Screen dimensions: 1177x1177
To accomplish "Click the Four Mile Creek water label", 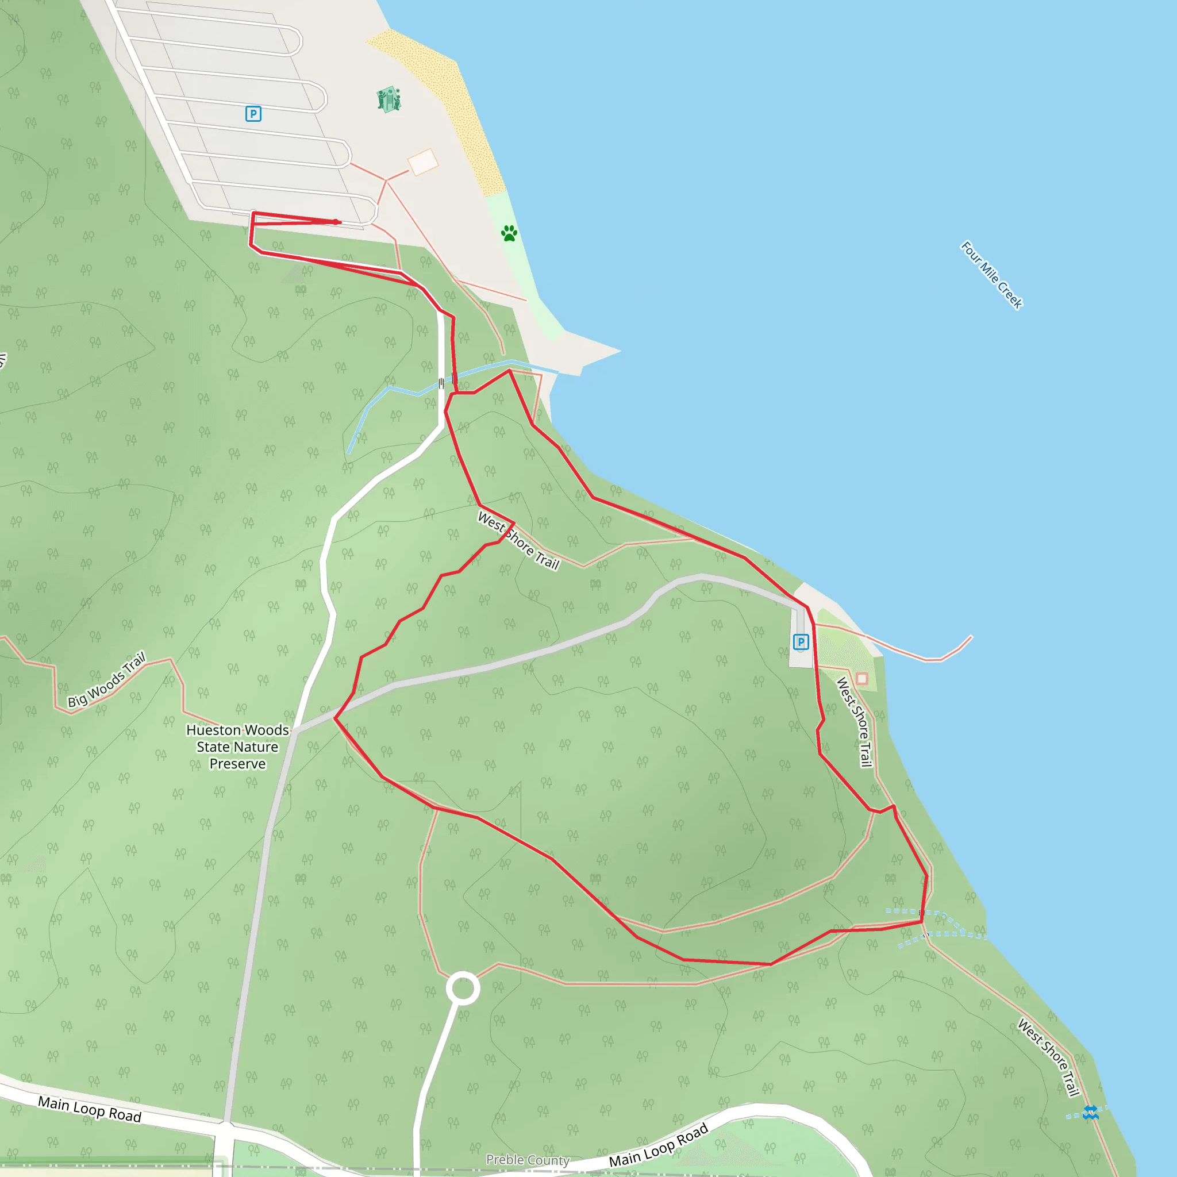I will pyautogui.click(x=991, y=275).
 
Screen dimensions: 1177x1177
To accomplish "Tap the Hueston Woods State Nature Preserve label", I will pyautogui.click(x=237, y=747).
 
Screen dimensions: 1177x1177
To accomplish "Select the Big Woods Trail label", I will pyautogui.click(x=107, y=680).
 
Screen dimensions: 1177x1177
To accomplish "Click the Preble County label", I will pyautogui.click(x=528, y=1159).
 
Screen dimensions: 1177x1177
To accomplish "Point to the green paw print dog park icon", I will pyautogui.click(x=509, y=233).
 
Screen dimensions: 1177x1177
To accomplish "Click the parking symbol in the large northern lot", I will pyautogui.click(x=253, y=114).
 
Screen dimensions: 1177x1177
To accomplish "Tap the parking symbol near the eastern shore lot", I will pyautogui.click(x=801, y=641).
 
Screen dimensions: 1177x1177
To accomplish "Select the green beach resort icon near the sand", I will pyautogui.click(x=389, y=99).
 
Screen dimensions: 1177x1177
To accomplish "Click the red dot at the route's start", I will pyautogui.click(x=336, y=222).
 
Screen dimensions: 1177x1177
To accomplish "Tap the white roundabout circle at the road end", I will pyautogui.click(x=463, y=988).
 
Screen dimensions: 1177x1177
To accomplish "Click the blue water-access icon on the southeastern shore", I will pyautogui.click(x=1090, y=1113).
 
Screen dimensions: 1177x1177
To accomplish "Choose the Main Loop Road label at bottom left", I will pyautogui.click(x=90, y=1109).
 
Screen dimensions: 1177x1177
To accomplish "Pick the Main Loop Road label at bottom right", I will pyautogui.click(x=659, y=1145).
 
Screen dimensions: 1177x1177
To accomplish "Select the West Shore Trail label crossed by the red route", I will pyautogui.click(x=518, y=540).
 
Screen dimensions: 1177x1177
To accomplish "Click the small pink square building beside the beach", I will pyautogui.click(x=423, y=162).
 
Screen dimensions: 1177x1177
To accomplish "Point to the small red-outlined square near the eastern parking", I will pyautogui.click(x=861, y=679).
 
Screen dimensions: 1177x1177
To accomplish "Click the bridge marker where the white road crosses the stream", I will pyautogui.click(x=441, y=383).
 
